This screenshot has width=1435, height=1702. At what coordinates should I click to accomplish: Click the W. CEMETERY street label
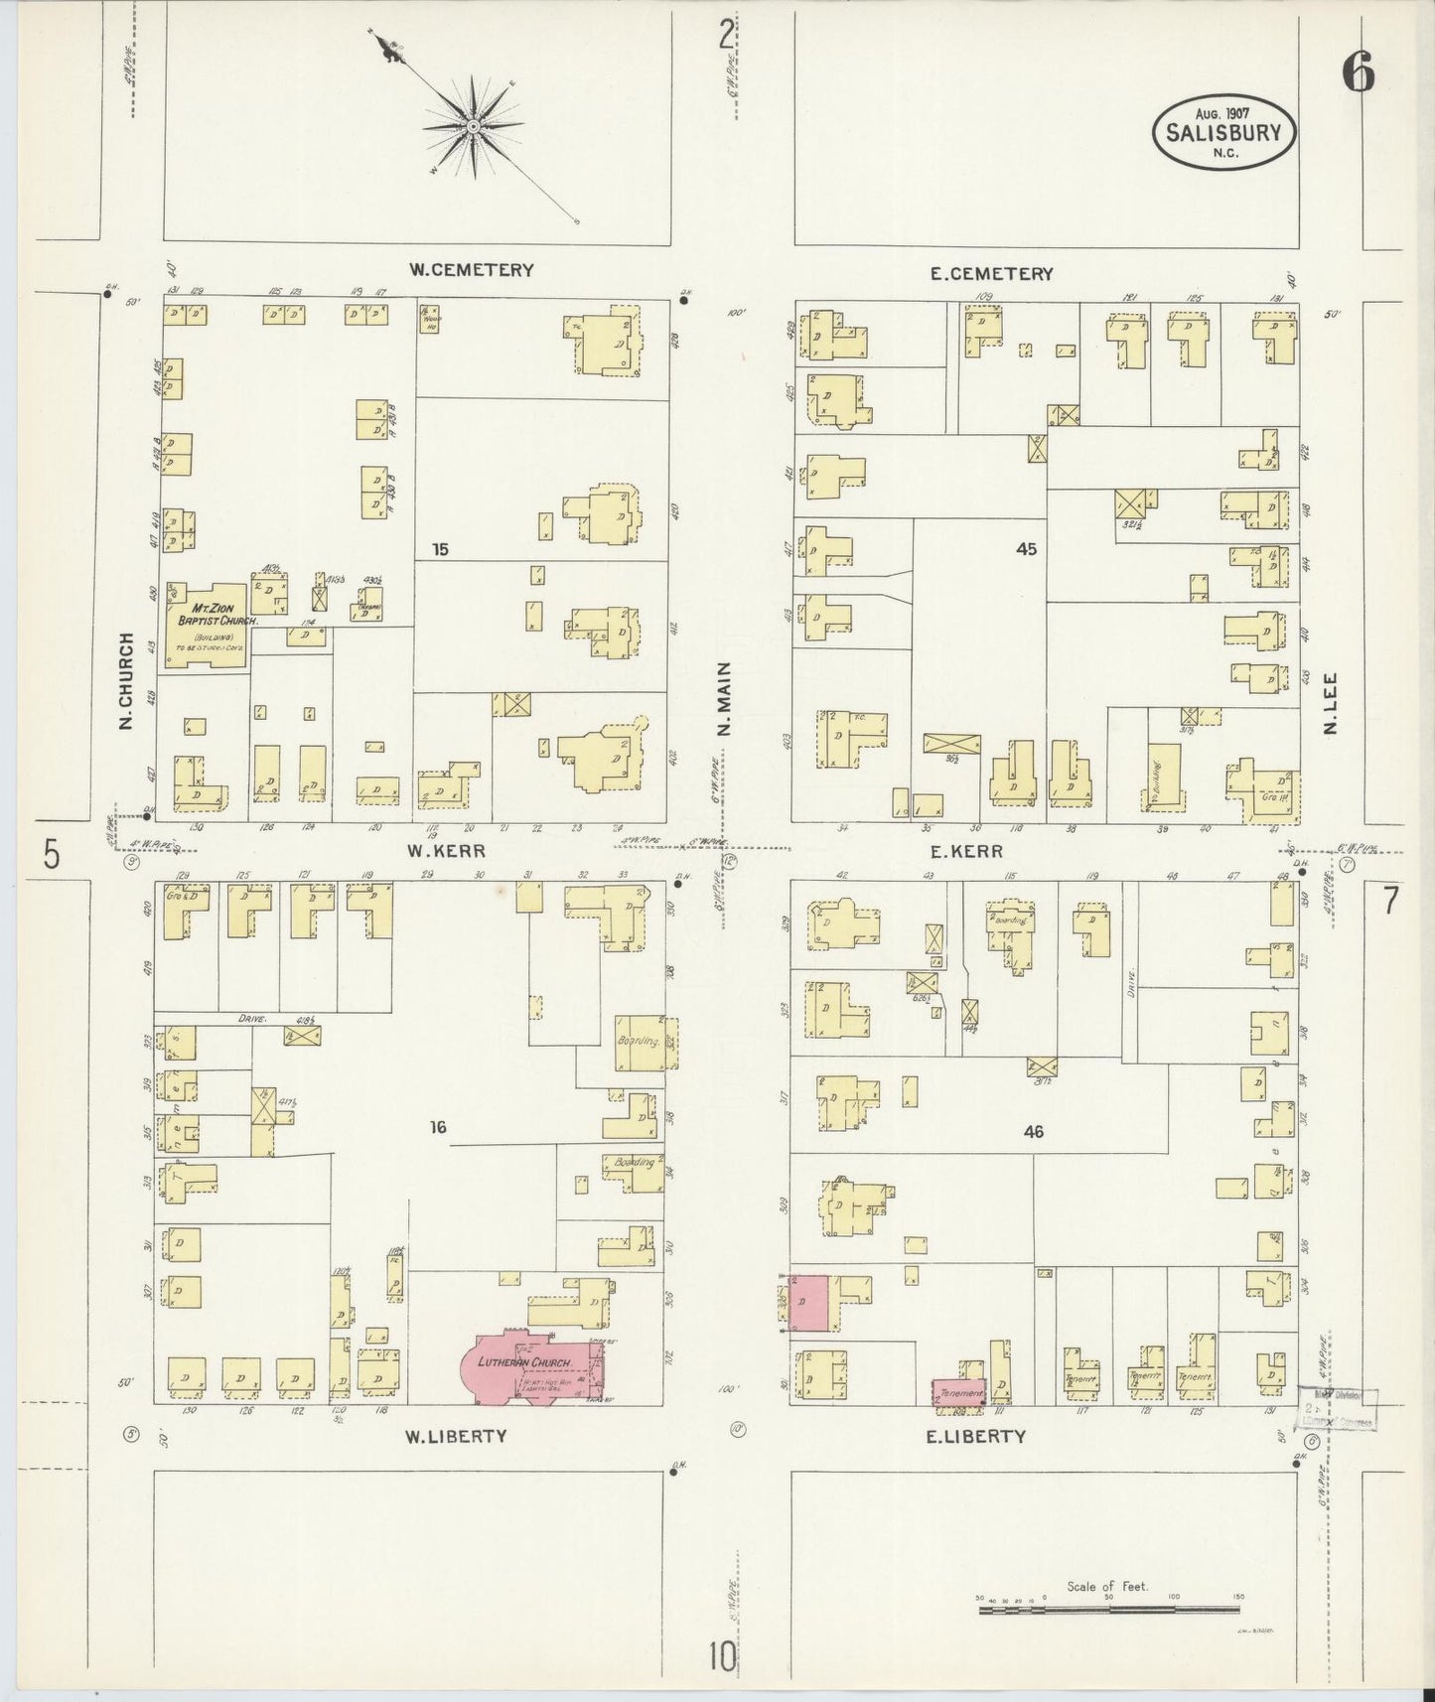click(473, 269)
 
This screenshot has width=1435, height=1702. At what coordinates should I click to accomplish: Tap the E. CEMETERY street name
click(991, 273)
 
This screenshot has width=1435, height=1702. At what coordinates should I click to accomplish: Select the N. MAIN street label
click(724, 699)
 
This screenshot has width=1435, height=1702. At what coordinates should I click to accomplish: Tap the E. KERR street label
click(966, 851)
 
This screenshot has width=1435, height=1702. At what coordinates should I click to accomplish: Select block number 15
click(442, 548)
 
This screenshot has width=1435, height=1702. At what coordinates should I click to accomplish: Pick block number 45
click(1026, 548)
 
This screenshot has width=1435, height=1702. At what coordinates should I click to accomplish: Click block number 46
click(1033, 1130)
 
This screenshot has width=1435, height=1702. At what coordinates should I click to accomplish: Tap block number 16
click(439, 1126)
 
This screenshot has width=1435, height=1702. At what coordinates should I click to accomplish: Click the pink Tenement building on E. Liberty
click(957, 1392)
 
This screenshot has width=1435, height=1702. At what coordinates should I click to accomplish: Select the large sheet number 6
click(1358, 71)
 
